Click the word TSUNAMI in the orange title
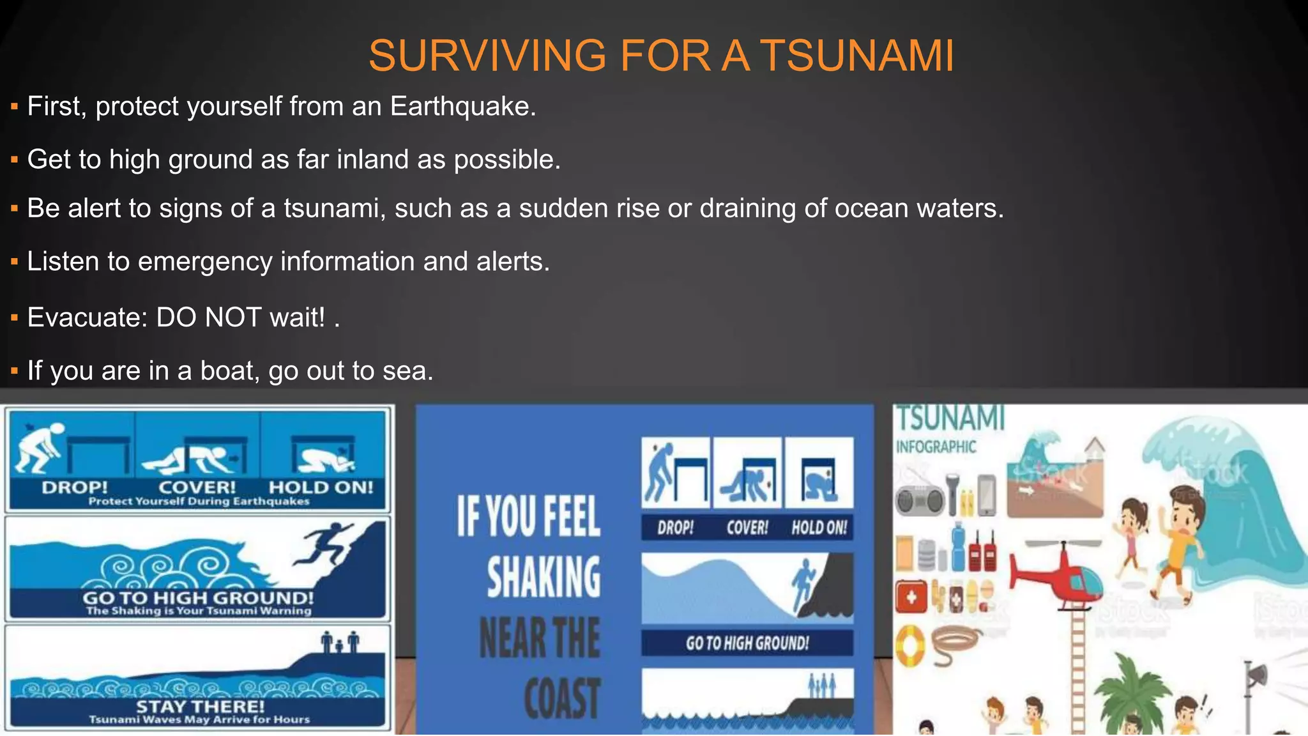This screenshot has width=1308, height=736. point(857,56)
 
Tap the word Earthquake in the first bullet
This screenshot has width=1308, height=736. point(462,106)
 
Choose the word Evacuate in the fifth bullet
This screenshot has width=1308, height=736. point(87,317)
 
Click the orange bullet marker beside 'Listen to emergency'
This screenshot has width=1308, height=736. point(14,262)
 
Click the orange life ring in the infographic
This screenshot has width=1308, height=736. point(909,645)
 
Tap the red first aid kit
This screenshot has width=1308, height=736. point(911,597)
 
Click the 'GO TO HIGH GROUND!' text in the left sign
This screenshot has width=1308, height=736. point(198,598)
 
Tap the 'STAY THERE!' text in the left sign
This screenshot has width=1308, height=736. point(200,707)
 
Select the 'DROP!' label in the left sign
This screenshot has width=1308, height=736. point(75,487)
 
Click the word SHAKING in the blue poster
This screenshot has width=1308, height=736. point(544,576)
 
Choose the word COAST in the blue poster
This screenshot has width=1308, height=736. point(561,698)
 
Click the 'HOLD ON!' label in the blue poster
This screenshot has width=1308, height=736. point(819,528)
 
